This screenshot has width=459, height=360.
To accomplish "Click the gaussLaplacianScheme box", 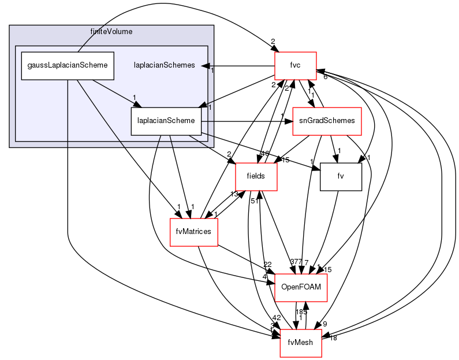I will click(67, 65).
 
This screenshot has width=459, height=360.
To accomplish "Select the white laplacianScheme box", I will click(166, 121).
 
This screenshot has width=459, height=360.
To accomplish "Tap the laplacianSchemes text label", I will click(164, 65).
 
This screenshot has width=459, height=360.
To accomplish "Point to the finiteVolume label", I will click(111, 31).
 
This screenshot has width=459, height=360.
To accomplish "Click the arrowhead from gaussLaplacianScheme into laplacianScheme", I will click(137, 105).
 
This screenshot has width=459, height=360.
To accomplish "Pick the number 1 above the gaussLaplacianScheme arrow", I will click(134, 97).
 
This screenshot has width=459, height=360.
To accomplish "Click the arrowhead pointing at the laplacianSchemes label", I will click(205, 65).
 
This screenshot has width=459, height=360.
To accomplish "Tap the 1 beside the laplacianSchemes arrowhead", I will click(212, 70).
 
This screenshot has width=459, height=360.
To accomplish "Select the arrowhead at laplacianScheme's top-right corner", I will click(202, 106).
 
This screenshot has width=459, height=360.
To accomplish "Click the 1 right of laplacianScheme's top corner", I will click(210, 107).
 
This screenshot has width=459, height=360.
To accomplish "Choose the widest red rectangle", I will click(327, 121).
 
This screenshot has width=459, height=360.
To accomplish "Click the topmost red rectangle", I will click(295, 65).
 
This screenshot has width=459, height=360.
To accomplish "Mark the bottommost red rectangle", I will click(300, 343).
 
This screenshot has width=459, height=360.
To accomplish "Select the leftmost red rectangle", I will click(193, 232).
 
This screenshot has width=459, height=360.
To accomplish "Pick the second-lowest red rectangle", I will click(301, 288).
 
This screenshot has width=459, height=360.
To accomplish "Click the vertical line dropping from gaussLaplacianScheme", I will click(68, 116).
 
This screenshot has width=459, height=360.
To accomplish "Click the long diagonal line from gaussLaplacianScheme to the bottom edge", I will click(101, 113).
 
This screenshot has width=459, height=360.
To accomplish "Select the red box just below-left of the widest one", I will click(256, 177).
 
